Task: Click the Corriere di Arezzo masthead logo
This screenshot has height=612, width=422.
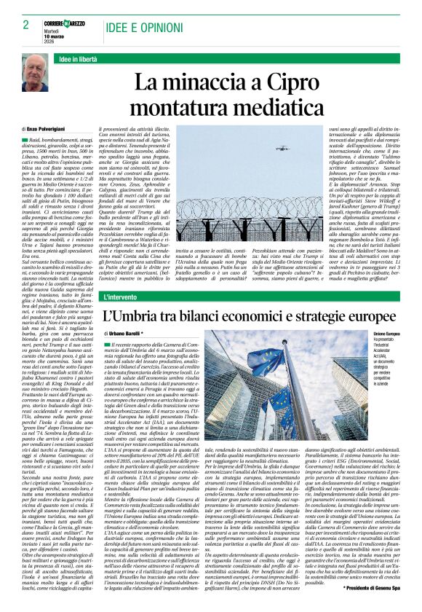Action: [65, 23]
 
